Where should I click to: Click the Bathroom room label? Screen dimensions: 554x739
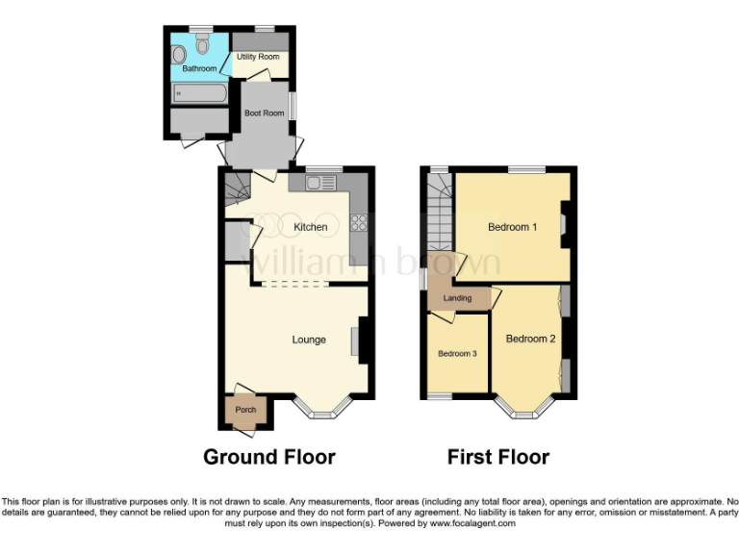click(x=200, y=68)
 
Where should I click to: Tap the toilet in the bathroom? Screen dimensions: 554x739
click(x=202, y=43)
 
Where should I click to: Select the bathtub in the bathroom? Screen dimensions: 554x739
click(x=199, y=93)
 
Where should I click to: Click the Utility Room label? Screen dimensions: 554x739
click(x=258, y=57)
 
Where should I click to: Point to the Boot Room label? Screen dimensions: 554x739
click(x=264, y=113)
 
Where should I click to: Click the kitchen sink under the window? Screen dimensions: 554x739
click(x=318, y=183)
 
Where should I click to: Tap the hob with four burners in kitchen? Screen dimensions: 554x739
click(x=360, y=222)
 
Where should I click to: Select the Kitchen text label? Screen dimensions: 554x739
click(x=311, y=227)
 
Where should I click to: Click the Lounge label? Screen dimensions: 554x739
click(x=309, y=340)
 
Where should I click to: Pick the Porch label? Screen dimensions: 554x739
click(x=245, y=410)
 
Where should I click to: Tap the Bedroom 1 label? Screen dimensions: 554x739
click(x=512, y=227)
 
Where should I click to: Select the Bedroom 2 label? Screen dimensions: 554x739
click(x=530, y=339)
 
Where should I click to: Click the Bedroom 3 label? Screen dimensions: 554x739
click(x=458, y=354)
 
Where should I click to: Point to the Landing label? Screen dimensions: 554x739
click(x=457, y=298)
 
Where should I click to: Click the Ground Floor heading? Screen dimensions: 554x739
click(x=268, y=457)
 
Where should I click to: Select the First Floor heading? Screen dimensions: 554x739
click(x=498, y=457)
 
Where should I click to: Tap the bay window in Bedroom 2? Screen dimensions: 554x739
click(x=526, y=413)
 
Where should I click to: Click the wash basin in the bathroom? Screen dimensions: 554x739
click(x=179, y=54)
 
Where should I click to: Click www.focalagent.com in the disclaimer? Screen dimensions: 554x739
click(x=472, y=524)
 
